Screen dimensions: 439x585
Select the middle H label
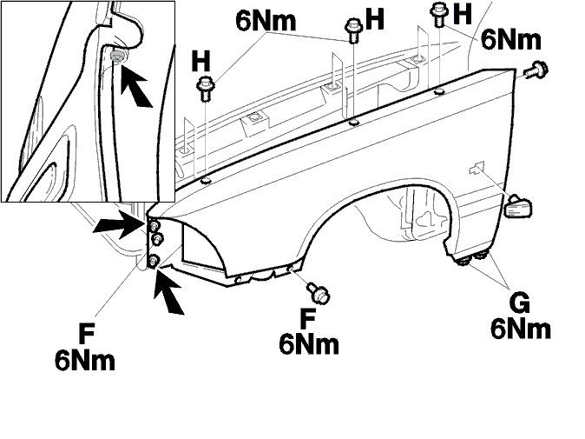(x=375, y=20)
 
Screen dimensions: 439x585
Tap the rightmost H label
(x=463, y=13)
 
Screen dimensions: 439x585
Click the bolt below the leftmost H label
(x=207, y=87)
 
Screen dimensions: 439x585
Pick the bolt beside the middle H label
(x=352, y=30)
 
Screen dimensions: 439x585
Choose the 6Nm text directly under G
(x=521, y=329)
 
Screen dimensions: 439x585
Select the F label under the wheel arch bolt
(x=308, y=319)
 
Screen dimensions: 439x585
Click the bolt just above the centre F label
(x=319, y=293)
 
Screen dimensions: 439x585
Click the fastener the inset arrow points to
(x=117, y=57)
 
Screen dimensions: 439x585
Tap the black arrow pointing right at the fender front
(x=117, y=224)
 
